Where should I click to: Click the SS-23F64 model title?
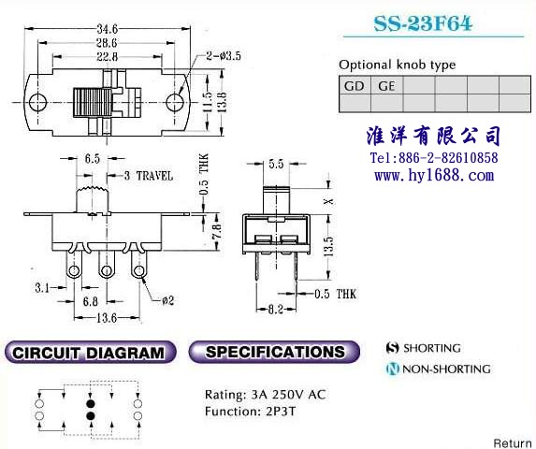tap(423, 23)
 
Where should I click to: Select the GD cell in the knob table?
tap(355, 85)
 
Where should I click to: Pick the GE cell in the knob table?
tap(386, 85)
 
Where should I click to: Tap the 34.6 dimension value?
tap(107, 29)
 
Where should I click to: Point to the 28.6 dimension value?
tap(107, 43)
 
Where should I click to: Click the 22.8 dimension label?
tap(107, 56)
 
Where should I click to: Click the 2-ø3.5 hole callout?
tap(224, 55)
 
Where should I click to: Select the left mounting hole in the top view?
tap(37, 102)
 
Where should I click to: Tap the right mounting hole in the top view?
tap(175, 102)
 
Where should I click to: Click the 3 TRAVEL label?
tap(149, 176)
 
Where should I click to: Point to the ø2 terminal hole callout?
tap(167, 300)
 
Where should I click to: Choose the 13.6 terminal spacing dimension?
tap(107, 318)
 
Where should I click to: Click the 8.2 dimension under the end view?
tap(276, 310)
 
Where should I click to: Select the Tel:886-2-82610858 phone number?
tap(434, 158)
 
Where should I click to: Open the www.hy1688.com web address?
tap(434, 176)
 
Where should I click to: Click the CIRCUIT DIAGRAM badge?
tap(90, 353)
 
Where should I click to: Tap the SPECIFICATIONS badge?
tap(274, 352)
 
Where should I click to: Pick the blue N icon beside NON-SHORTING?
tap(393, 369)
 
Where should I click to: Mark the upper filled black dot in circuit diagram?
tap(90, 403)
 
